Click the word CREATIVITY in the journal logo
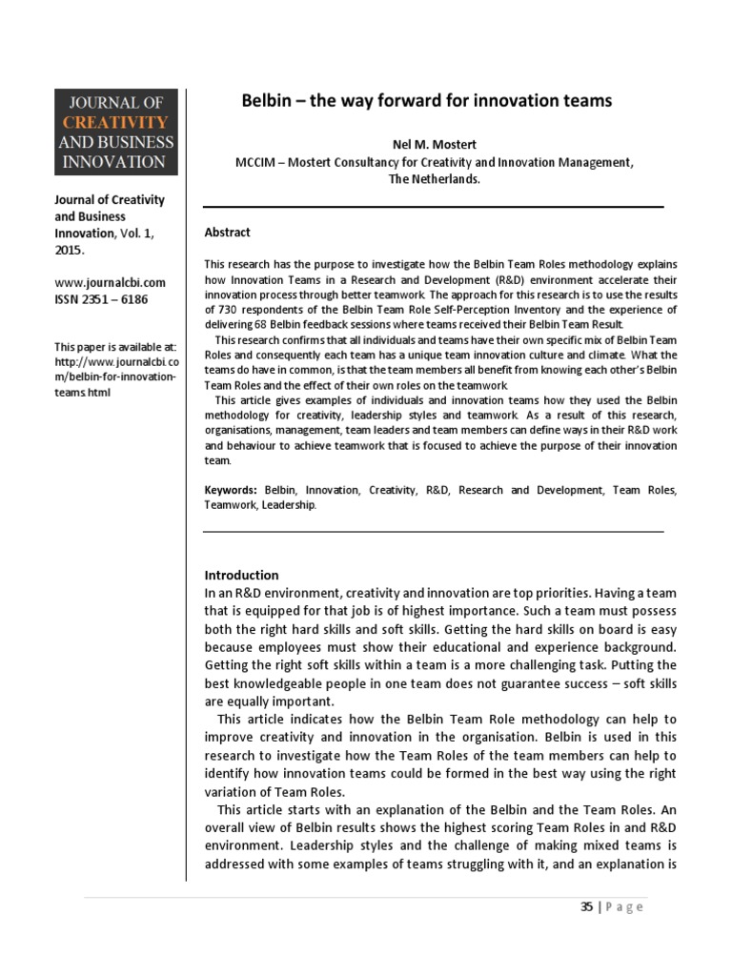point(114,122)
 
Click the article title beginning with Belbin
point(426,100)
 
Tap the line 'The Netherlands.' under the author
point(433,178)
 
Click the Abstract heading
point(228,232)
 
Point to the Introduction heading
point(242,575)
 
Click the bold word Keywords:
point(231,490)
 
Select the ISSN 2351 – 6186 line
point(102,299)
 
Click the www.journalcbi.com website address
point(111,282)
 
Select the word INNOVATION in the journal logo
point(114,162)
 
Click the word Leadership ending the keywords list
point(289,505)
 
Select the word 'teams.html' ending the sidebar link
point(84,392)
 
